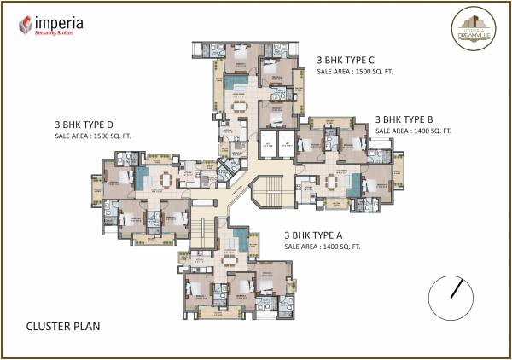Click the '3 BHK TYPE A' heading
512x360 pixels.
(322, 233)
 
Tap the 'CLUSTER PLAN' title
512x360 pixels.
(63, 326)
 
